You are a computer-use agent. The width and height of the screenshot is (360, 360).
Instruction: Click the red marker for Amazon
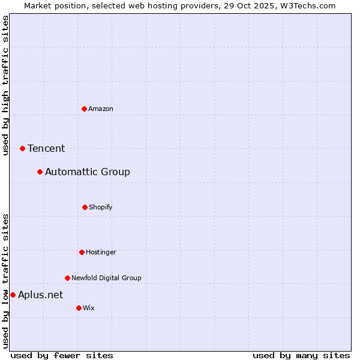[x=84, y=109]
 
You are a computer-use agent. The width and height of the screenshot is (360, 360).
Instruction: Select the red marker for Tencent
[x=22, y=148]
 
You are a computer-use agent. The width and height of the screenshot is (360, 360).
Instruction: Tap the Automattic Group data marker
[x=40, y=172]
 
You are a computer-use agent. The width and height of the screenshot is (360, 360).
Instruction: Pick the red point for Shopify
[x=85, y=207]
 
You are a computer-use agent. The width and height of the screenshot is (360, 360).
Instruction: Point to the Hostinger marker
[x=82, y=252]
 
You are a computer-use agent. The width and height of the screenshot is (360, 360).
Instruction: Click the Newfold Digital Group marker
[x=67, y=278]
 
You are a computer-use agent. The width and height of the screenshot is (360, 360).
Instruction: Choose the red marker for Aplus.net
[x=13, y=295]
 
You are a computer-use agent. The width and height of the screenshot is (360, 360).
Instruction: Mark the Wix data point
[x=79, y=308]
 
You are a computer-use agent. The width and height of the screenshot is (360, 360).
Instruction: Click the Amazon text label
[x=101, y=109]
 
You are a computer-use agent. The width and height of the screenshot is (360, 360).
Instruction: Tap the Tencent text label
[x=46, y=148]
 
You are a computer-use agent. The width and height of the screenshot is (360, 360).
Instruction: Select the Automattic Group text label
[x=88, y=172]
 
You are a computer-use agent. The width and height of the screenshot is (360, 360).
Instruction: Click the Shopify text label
[x=101, y=207]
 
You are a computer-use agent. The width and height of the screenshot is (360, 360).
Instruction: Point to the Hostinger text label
[x=101, y=252]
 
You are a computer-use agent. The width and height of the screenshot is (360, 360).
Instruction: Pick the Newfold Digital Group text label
[x=106, y=278]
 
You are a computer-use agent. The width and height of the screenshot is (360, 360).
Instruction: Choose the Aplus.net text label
[x=40, y=295]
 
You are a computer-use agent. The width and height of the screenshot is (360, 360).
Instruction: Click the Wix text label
[x=89, y=308]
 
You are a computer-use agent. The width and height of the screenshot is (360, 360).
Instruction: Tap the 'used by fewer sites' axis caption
[x=62, y=355]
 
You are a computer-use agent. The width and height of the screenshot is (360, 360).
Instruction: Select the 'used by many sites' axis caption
[x=301, y=355]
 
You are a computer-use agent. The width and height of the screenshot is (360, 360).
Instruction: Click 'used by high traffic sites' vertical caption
[x=6, y=85]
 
